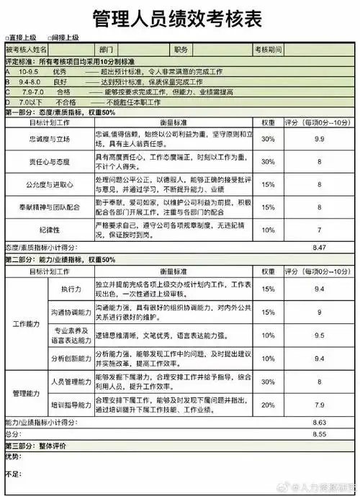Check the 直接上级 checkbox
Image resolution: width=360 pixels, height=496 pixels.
[6, 37]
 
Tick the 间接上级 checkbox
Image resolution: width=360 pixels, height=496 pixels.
[50, 37]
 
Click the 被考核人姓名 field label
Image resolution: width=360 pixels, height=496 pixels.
[27, 50]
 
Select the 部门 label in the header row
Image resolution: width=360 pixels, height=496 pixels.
[107, 50]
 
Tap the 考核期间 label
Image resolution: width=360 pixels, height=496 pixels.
[267, 50]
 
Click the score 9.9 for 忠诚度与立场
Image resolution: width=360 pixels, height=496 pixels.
[318, 137]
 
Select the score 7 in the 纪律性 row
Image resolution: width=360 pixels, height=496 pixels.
[318, 230]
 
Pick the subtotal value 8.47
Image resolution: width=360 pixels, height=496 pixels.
[320, 247]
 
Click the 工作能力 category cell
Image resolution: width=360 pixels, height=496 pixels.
[27, 324]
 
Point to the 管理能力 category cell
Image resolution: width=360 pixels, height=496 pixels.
[27, 393]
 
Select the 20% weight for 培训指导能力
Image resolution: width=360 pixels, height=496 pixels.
[268, 405]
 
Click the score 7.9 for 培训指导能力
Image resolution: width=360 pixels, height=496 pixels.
[318, 405]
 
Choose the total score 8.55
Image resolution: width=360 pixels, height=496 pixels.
[320, 434]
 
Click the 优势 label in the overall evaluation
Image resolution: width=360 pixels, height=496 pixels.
[14, 456]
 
